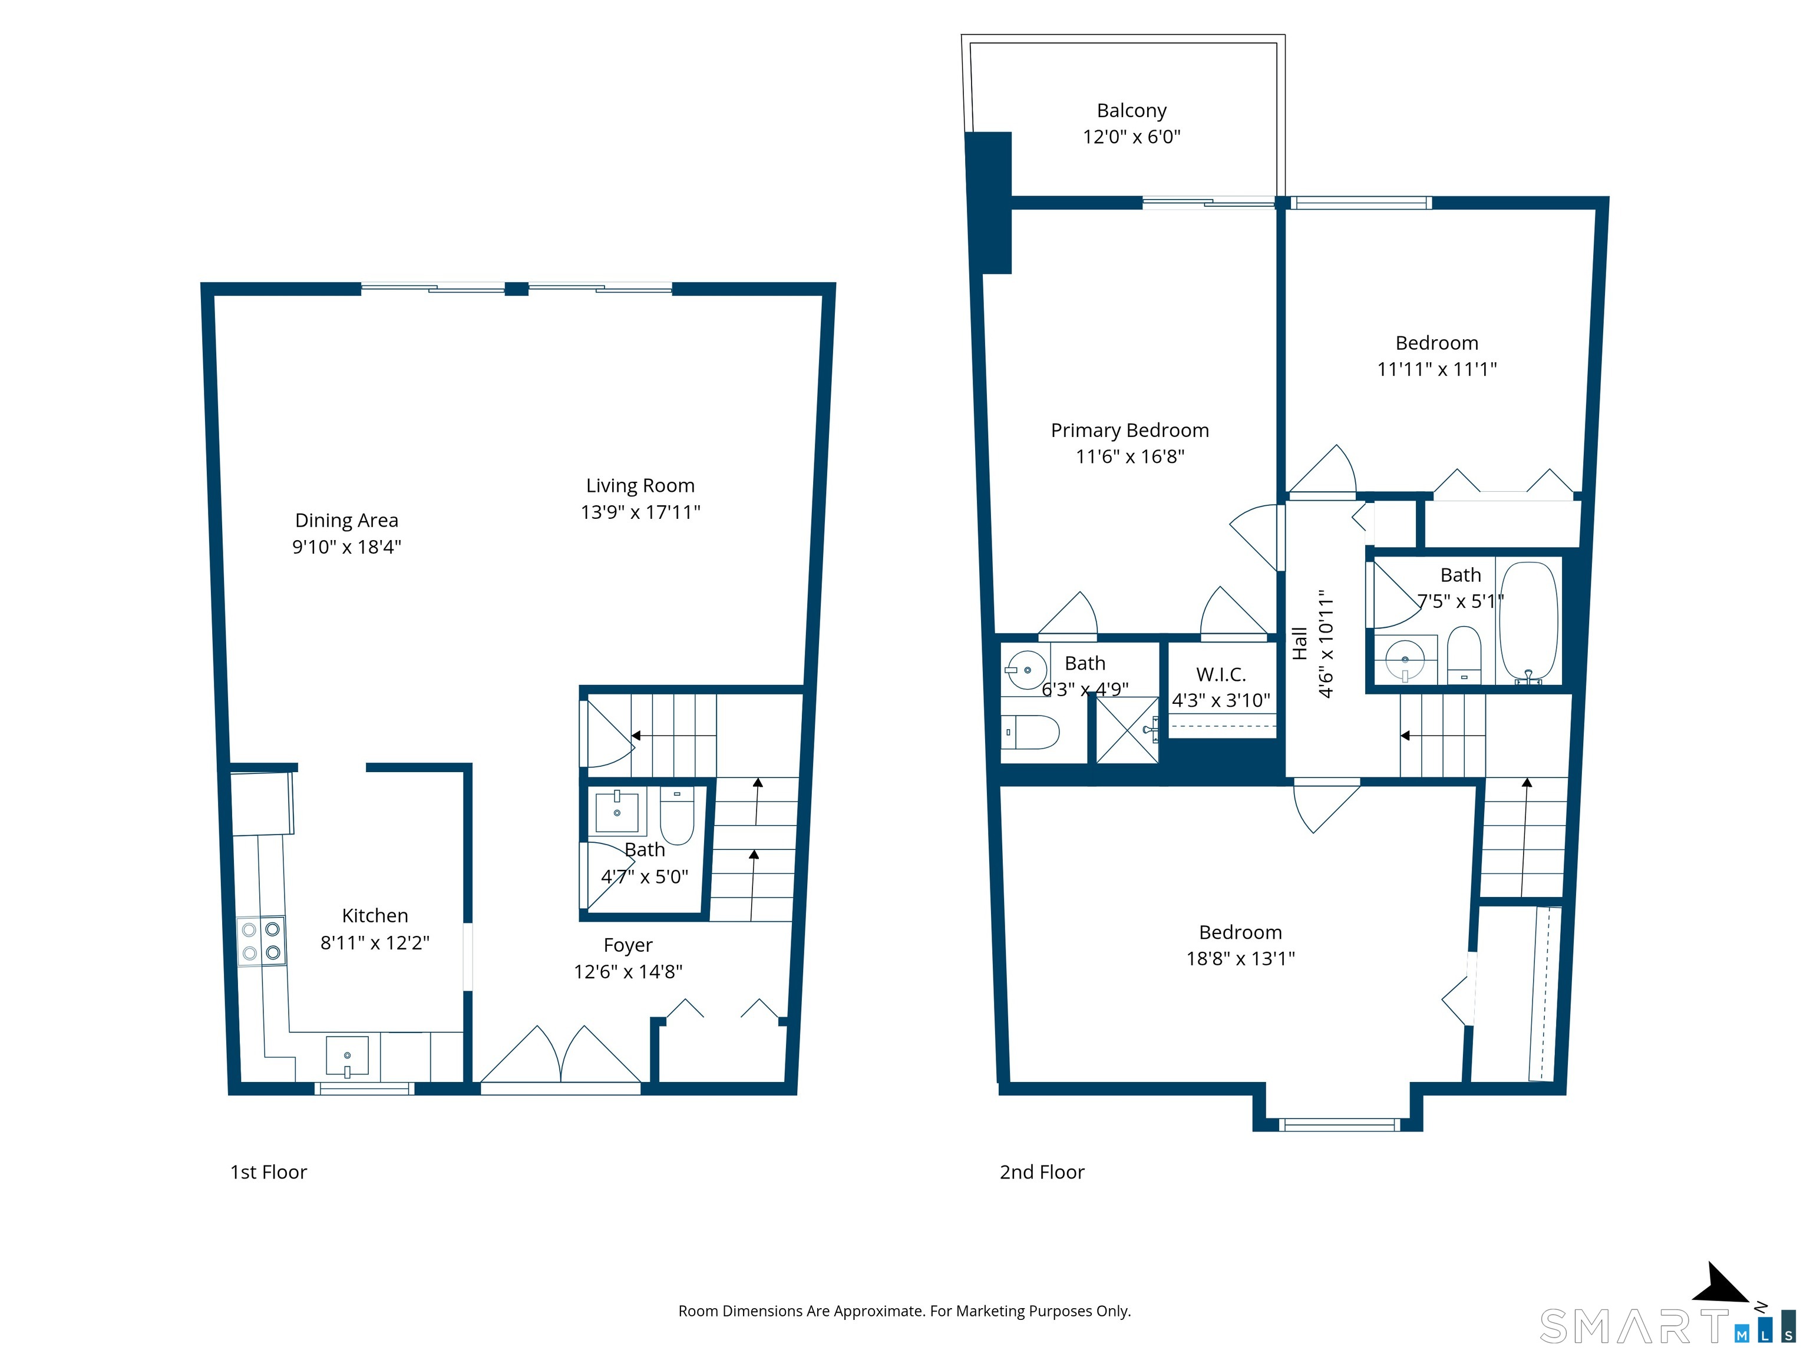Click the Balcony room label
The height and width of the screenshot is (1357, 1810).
1132,110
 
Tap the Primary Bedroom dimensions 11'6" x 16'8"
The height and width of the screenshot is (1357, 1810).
1130,456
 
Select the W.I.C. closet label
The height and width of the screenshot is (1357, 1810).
1221,675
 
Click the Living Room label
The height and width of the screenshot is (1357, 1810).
640,486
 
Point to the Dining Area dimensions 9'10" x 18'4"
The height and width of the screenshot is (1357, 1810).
347,547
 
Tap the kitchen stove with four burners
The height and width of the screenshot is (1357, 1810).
262,941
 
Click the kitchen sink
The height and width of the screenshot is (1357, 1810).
347,1056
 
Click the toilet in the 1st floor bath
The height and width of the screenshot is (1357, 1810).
677,816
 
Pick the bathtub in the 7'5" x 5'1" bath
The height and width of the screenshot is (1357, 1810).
1528,621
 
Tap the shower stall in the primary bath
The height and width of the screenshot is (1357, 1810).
1128,730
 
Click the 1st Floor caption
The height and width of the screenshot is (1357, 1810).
269,1172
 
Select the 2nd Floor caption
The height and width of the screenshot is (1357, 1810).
1042,1172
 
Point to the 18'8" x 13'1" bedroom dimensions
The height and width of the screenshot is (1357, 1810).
1240,959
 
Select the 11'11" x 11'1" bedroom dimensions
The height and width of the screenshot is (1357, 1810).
1437,369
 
